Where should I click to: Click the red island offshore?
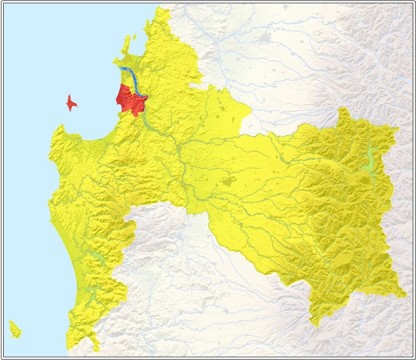tap(70, 103)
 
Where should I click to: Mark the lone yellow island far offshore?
tap(14, 328)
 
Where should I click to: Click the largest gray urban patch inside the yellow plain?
tap(229, 182)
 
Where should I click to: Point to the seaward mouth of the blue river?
tap(121, 69)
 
